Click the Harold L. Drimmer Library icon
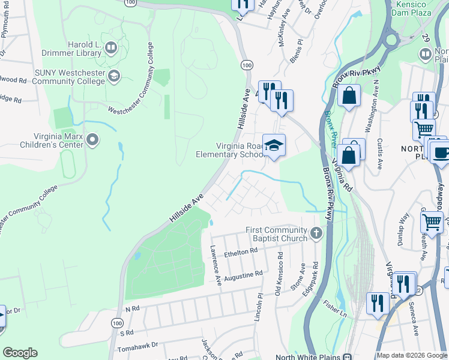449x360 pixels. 110,47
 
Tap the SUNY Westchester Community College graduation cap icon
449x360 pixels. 114,76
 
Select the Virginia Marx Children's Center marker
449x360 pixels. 92,140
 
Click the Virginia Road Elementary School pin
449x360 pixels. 274,146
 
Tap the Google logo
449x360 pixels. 20,353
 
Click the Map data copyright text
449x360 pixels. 412,355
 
